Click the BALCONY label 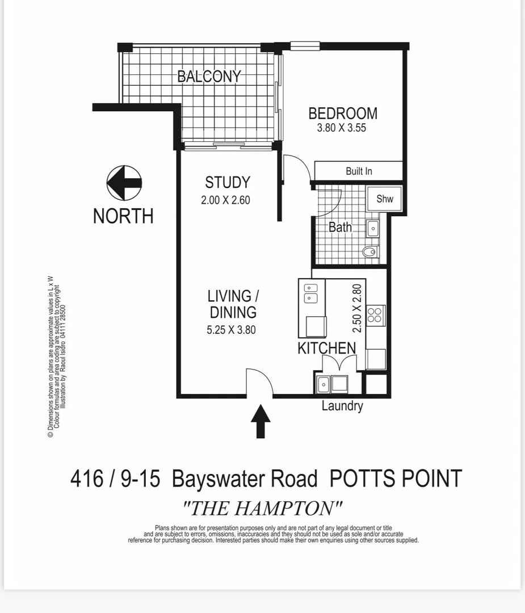coord(209,76)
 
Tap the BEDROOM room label coord(342,113)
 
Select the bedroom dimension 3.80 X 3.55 coord(341,128)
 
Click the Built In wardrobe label coord(359,171)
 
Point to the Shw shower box coord(384,199)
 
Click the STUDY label coord(227,182)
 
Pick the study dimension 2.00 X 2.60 coord(225,200)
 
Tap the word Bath coord(341,227)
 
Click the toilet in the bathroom coord(371,251)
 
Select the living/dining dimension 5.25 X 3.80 coord(231,329)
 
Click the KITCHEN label coord(327,349)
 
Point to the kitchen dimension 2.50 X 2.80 coord(357,308)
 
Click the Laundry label coord(342,406)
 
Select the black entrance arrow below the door coord(261,421)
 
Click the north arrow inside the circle coord(124,183)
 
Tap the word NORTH coord(123,216)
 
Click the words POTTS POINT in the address coord(396,479)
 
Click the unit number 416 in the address coord(87,479)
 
